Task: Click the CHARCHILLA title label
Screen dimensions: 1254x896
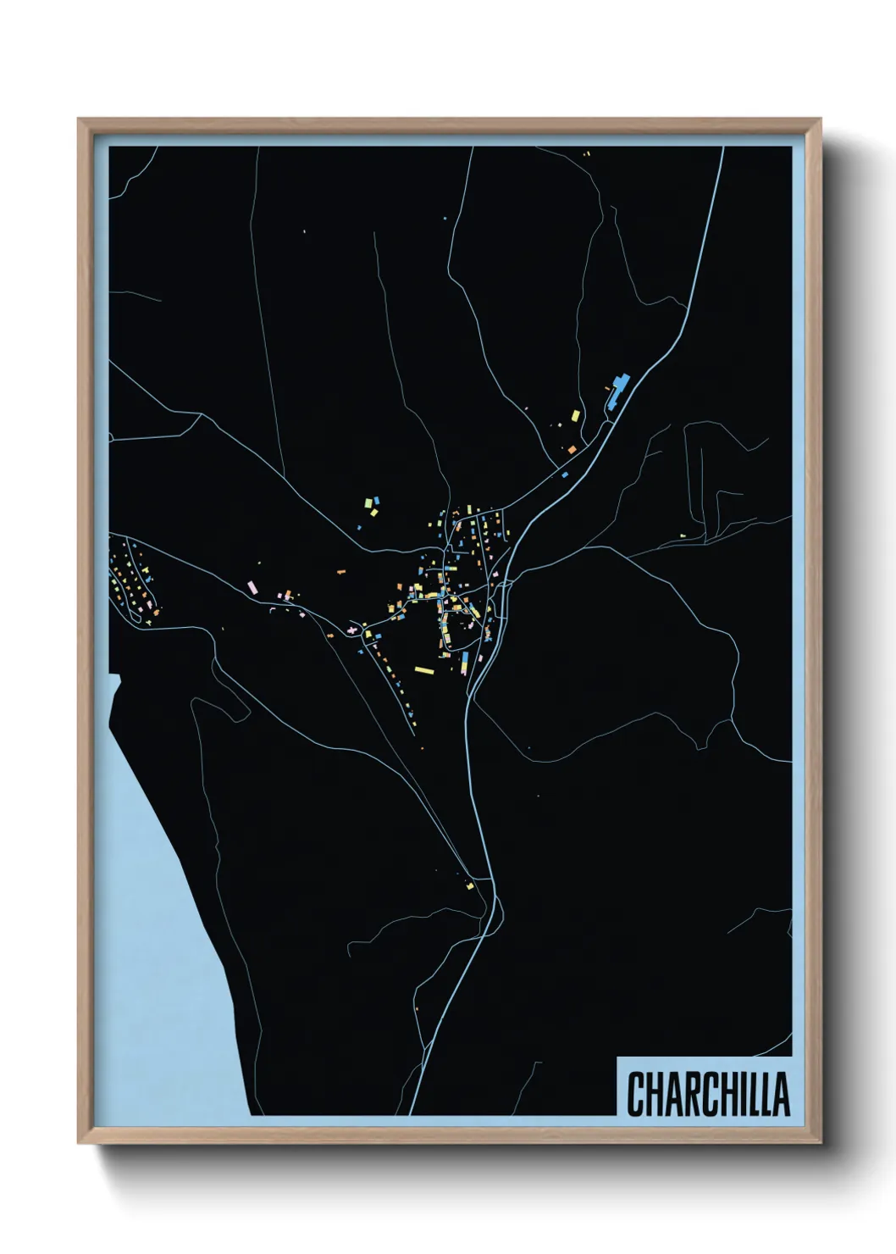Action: pos(708,1094)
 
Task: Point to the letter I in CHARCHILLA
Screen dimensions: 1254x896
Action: pos(743,1094)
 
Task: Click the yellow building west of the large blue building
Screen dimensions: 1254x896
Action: pos(576,416)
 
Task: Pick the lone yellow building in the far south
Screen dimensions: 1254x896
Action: pos(470,885)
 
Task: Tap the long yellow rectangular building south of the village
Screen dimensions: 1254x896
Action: pos(424,670)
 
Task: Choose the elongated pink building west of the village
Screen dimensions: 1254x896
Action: pos(251,586)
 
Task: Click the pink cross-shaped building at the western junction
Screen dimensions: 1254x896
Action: pos(350,630)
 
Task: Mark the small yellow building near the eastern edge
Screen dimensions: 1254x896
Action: pos(683,535)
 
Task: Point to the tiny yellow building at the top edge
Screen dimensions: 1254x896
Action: pos(585,154)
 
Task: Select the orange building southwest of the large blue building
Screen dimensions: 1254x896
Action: pos(572,448)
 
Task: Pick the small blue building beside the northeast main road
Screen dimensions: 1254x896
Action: pos(565,475)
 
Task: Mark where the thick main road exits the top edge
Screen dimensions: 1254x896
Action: pos(722,149)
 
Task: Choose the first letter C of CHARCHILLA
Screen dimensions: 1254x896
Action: pos(635,1094)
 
